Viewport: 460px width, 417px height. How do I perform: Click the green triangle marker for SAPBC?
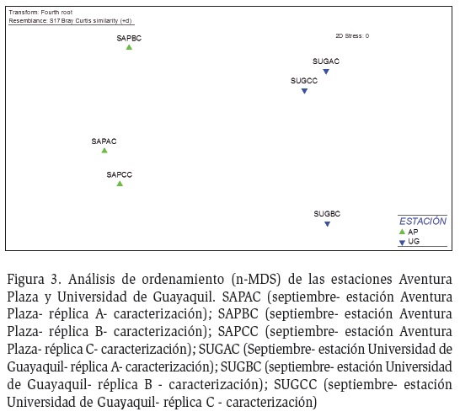click(x=129, y=47)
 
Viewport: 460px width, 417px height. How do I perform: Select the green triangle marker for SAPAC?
click(x=104, y=151)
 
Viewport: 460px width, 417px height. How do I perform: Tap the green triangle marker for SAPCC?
click(x=120, y=184)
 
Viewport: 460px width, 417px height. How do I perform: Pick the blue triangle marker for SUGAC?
click(x=326, y=72)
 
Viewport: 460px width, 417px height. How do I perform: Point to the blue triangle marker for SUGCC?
click(x=304, y=91)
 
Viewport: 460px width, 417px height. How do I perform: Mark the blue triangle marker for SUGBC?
click(x=328, y=224)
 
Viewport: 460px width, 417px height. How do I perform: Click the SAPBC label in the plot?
click(x=129, y=38)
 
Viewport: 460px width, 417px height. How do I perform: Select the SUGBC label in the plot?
click(x=327, y=214)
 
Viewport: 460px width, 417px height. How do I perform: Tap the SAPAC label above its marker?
click(x=104, y=142)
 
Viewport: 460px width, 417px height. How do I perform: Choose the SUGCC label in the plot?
click(x=304, y=81)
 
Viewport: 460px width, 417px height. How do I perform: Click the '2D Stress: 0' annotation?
click(x=352, y=35)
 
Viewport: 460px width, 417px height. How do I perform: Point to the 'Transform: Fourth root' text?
click(x=40, y=13)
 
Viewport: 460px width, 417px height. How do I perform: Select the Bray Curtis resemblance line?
click(x=70, y=21)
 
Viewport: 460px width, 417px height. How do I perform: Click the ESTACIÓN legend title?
click(x=423, y=221)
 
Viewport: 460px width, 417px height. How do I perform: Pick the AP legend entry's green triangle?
click(x=402, y=232)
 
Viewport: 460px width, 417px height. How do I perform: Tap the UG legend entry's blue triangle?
click(x=402, y=243)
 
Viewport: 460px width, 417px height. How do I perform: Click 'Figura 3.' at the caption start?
click(x=34, y=279)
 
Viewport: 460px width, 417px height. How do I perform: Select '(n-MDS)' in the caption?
click(x=256, y=279)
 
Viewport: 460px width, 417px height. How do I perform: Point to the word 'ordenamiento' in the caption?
click(x=183, y=279)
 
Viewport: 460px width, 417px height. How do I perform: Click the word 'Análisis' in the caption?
click(x=92, y=279)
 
